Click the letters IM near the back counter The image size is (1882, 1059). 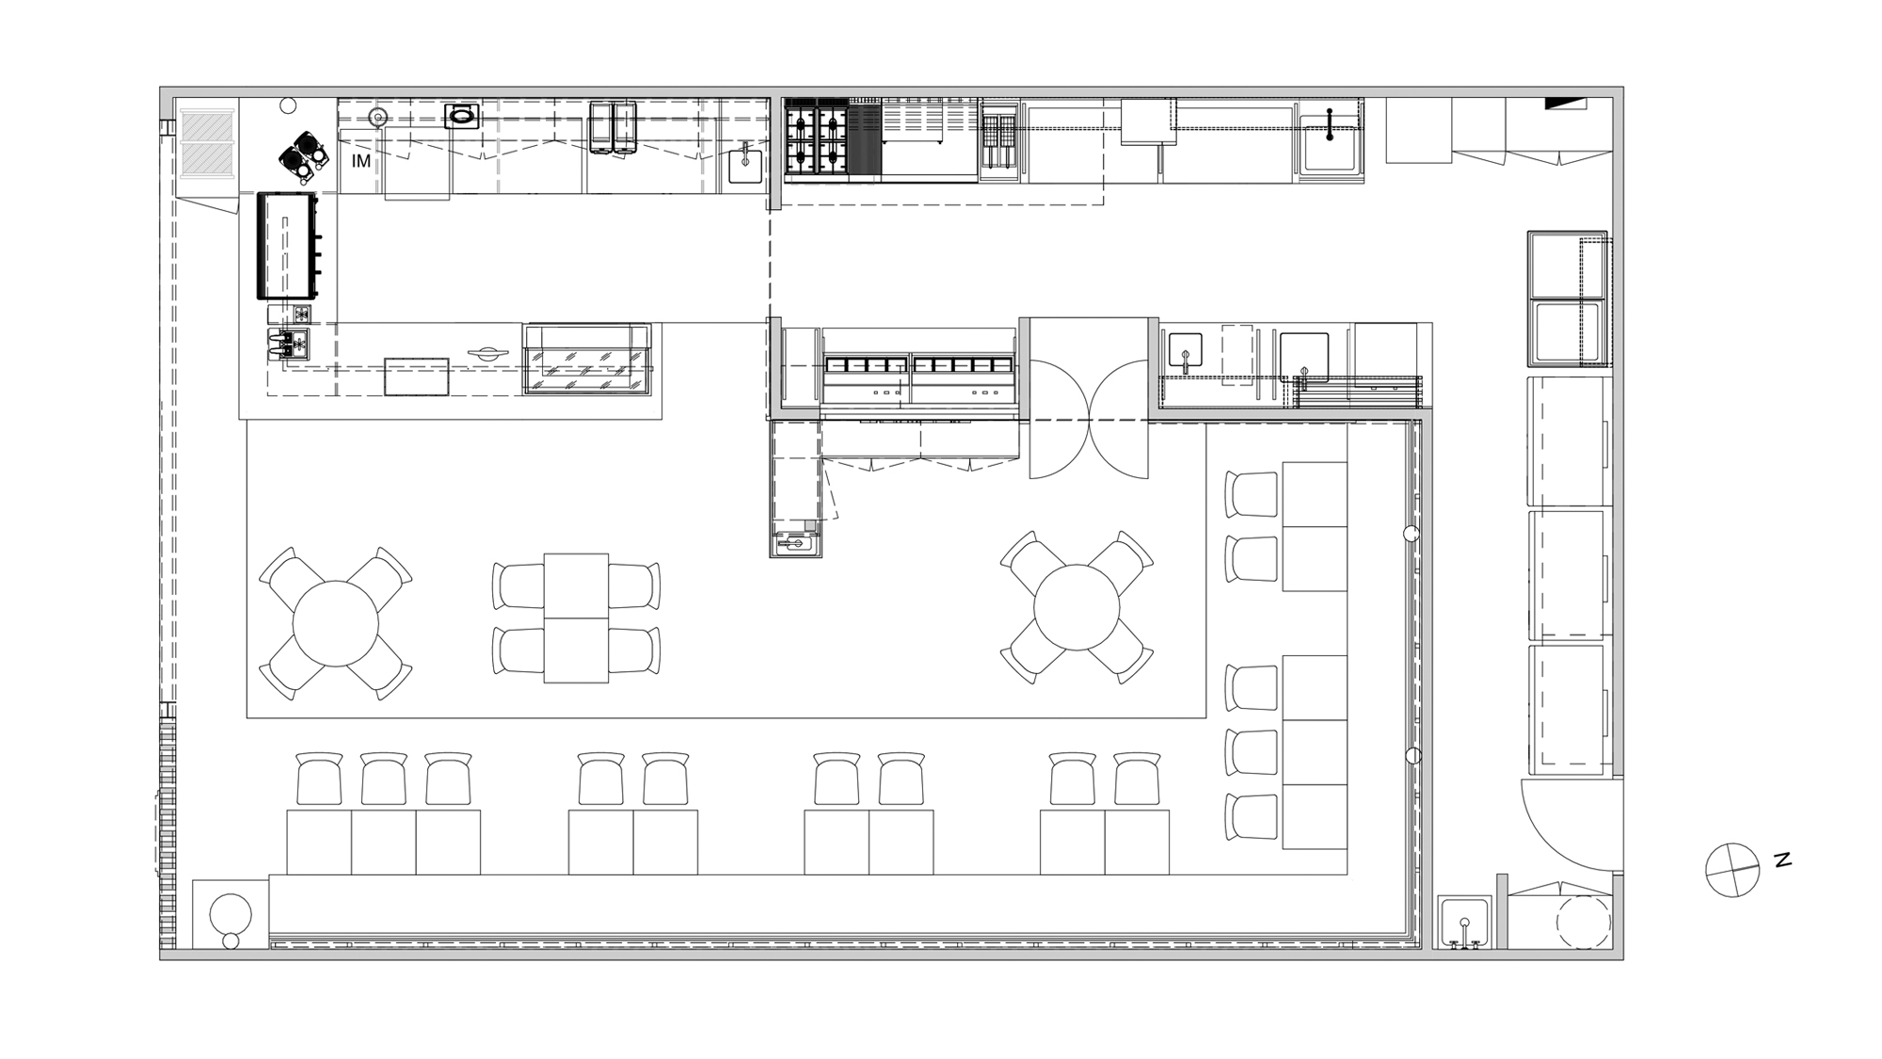coord(361,162)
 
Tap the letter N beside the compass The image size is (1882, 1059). coord(1782,859)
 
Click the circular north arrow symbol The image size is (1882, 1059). coord(1732,870)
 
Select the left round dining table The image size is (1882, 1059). coord(335,623)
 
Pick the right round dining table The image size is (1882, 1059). coord(1077,607)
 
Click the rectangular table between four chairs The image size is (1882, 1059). coord(576,618)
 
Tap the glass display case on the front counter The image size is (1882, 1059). coord(587,360)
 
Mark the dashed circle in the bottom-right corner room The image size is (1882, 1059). coord(1584,922)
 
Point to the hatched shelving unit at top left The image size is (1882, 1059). coord(206,142)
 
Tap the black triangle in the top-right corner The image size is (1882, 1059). coord(1565,103)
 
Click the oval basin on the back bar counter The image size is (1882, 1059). coord(462,117)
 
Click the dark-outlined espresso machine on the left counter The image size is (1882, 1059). coord(287,246)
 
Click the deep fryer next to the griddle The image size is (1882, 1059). coord(999,141)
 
